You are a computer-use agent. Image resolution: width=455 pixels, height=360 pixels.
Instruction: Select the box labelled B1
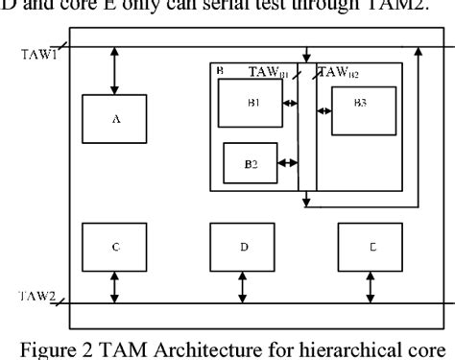coord(250,103)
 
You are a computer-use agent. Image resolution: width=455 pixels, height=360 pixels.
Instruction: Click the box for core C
coord(115,247)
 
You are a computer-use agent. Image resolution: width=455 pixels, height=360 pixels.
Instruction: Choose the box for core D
coord(243,247)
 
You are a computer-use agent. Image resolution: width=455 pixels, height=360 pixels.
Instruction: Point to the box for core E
coord(371,247)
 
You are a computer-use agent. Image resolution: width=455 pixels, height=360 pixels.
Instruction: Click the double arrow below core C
coord(115,288)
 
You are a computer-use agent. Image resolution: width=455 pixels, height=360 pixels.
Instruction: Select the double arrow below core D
coord(243,288)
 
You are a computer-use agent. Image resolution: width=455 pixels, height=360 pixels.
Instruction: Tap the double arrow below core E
coord(371,288)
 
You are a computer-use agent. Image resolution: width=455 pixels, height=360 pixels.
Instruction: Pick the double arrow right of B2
coord(287,163)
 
